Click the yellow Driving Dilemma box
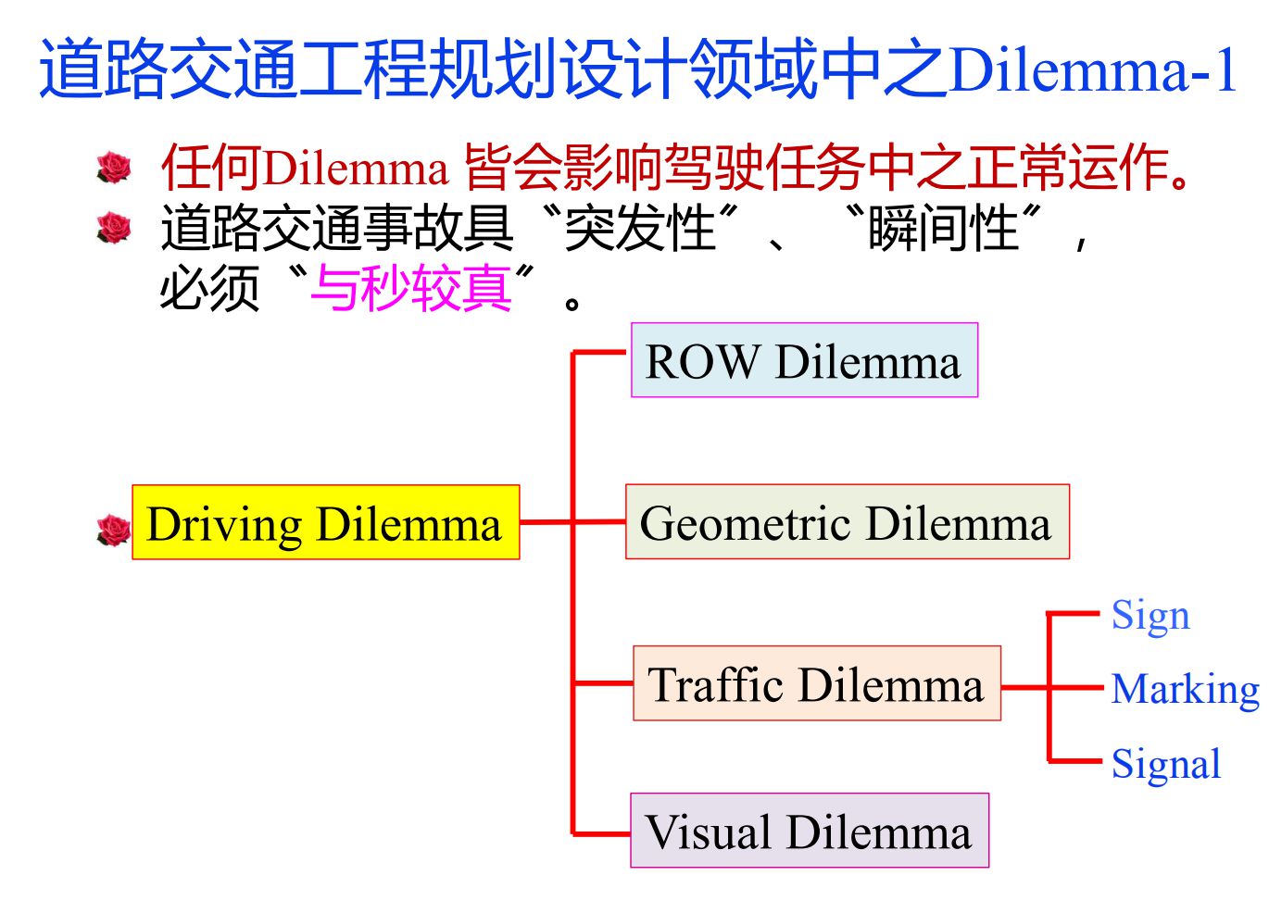(325, 522)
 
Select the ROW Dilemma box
(803, 360)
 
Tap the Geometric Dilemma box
(847, 521)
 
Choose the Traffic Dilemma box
(816, 683)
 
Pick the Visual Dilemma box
(809, 831)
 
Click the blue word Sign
(1150, 615)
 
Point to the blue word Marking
(1185, 689)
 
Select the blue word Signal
(1165, 764)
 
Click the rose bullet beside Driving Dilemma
(114, 531)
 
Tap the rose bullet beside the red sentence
(114, 168)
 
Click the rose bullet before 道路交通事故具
(114, 227)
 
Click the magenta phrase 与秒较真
(410, 288)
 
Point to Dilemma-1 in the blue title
(1093, 70)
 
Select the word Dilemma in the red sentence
(357, 169)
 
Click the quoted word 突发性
(640, 228)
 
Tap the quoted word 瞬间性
(943, 228)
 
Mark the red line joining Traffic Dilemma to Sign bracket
(1024, 687)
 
